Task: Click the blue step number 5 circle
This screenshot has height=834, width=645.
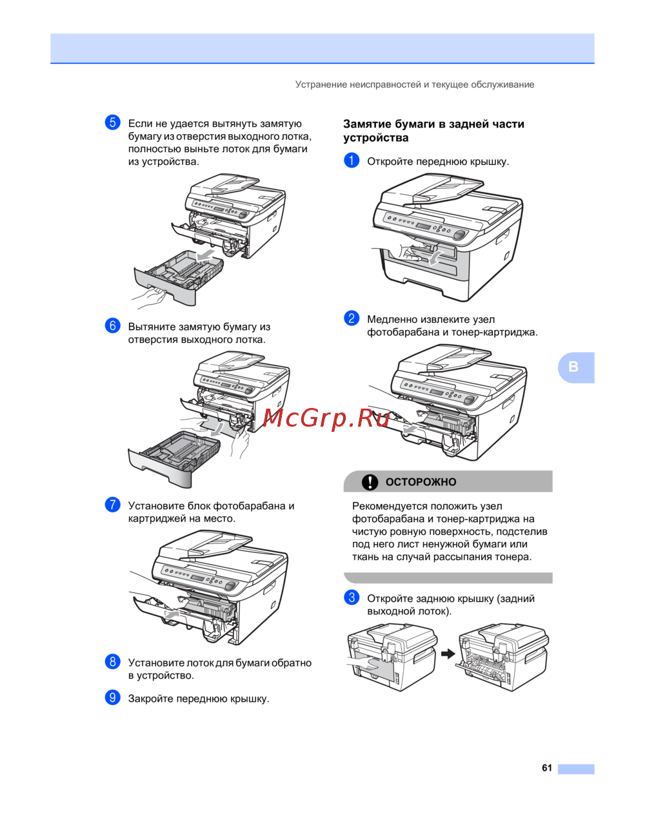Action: point(112,122)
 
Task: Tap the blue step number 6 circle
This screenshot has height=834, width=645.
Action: point(112,325)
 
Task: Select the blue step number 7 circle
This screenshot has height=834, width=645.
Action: point(112,505)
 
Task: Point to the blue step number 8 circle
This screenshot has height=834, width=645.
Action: point(112,662)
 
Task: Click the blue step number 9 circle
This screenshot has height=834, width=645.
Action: point(112,697)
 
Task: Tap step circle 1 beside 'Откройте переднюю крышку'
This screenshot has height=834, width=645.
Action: point(352,160)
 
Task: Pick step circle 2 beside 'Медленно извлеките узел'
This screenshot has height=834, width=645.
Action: point(352,318)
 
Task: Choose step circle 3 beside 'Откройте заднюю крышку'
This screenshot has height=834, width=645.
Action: point(352,597)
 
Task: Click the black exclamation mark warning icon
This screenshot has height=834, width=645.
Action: point(370,482)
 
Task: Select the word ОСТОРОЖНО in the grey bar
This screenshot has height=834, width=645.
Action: point(421,482)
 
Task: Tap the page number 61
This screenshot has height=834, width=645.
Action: point(547,768)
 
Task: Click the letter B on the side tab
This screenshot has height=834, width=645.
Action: point(573,367)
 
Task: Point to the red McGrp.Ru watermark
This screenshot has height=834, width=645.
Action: point(326,418)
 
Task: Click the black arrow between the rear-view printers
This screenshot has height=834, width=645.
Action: point(448,654)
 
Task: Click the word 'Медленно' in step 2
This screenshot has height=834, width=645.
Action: point(392,320)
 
